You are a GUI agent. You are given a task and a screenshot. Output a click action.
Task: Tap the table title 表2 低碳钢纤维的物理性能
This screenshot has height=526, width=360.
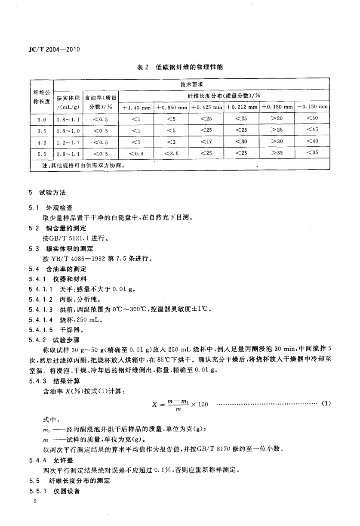click(180, 67)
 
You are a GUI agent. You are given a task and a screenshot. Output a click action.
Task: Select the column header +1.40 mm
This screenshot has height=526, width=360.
click(136, 107)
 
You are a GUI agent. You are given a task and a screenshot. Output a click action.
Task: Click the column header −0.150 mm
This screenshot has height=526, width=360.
click(312, 107)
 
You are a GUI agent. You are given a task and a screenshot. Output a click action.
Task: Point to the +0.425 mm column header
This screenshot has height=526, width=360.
click(206, 107)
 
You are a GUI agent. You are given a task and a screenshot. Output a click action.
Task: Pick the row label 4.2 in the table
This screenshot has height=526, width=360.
click(41, 141)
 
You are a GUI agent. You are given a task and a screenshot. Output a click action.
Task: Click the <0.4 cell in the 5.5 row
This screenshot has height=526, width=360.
click(136, 152)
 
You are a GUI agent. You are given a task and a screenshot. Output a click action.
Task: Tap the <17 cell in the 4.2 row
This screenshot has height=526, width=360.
click(206, 141)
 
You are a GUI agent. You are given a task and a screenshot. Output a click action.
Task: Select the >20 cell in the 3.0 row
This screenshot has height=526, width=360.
click(277, 118)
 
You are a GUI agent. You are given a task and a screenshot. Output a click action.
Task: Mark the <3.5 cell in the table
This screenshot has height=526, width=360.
click(171, 152)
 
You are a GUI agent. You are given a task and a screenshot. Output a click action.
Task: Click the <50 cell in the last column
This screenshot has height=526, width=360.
click(312, 118)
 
